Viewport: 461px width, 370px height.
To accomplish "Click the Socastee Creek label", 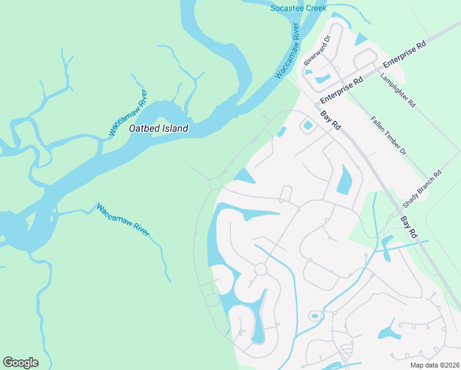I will point(298,8).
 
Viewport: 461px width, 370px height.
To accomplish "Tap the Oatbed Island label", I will point(158,129).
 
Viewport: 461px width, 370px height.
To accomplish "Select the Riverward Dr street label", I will point(317,51).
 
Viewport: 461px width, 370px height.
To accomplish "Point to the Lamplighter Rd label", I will point(398,91).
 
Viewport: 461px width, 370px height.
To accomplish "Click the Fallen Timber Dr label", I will point(388,135).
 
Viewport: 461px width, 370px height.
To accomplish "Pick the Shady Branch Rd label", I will point(422,189).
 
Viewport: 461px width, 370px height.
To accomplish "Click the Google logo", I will point(20,363).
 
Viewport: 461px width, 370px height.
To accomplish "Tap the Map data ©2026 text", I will point(435,365).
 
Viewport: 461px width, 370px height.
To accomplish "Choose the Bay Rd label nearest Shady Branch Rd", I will point(409,227).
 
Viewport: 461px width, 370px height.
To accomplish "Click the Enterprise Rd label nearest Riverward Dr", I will point(341,90).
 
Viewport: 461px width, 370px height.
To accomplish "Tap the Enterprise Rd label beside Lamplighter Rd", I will point(404,54).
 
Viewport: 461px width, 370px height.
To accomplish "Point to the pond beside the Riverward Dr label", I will point(322,78).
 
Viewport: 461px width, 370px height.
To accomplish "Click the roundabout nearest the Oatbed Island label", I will point(215,183).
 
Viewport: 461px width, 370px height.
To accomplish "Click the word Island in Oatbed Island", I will point(174,129).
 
